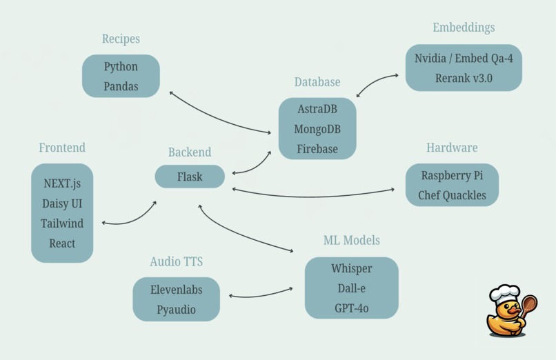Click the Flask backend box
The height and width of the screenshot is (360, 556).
tap(190, 177)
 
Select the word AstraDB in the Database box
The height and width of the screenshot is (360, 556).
tap(317, 109)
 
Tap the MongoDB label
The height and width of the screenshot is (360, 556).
tap(317, 129)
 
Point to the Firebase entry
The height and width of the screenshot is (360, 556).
tap(317, 148)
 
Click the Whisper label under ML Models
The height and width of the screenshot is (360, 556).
tap(351, 268)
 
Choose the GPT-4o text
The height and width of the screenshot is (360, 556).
tap(351, 308)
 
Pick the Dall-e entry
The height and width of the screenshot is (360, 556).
tap(351, 288)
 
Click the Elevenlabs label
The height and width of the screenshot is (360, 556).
tap(176, 290)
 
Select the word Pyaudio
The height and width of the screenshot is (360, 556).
tap(176, 310)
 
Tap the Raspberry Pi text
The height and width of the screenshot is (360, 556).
tap(452, 175)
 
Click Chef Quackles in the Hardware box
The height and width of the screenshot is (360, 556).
tap(452, 195)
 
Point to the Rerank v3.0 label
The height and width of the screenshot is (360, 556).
tap(464, 78)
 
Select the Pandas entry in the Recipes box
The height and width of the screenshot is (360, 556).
tap(121, 86)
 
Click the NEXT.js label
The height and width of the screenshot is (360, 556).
tap(62, 184)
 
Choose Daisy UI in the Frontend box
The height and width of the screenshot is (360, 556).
tap(62, 204)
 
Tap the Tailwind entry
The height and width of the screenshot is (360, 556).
tap(62, 223)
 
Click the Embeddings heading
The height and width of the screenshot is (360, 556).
tap(464, 28)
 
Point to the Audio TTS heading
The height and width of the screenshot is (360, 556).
tap(176, 261)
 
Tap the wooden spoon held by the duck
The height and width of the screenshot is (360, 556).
tap(529, 303)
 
